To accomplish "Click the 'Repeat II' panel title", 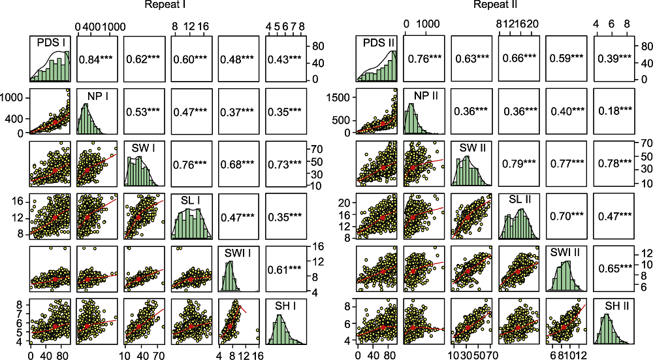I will coord(496,5).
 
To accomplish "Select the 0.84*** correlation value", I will coord(97,59).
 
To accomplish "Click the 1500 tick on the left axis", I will coord(341,97).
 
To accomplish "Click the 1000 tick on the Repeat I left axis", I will coord(16,97).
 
